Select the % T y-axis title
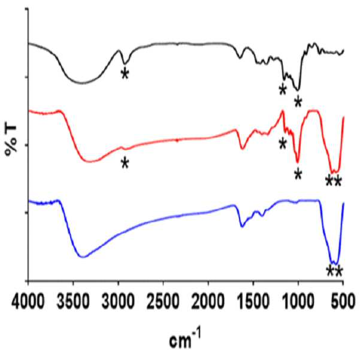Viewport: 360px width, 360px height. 11,140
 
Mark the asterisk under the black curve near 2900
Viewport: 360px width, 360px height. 125,74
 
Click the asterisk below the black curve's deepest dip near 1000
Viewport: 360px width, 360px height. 298,102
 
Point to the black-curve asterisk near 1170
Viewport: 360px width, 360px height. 283,90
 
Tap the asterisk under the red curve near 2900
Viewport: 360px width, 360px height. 125,163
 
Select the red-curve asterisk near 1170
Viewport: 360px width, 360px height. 283,144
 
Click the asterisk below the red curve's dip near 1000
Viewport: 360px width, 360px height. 298,174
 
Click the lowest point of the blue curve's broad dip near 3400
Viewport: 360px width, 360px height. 83,257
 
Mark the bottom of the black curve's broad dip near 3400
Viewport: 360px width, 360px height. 82,83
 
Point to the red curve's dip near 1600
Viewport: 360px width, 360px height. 243,149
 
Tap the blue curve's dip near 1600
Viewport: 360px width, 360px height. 242,226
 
